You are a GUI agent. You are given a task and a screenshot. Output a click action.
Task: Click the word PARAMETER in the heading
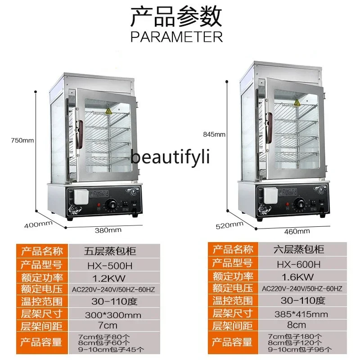(x=176, y=36)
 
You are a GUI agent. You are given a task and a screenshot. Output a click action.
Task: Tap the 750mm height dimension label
(x=22, y=140)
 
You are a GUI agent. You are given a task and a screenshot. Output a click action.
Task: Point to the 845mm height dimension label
(x=214, y=134)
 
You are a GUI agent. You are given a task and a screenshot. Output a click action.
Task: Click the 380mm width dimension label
(x=108, y=230)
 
